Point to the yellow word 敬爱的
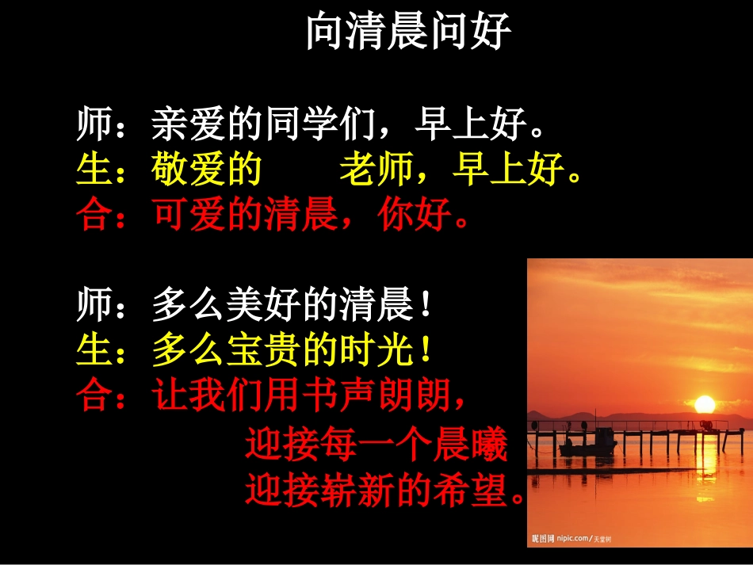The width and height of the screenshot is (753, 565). (x=207, y=170)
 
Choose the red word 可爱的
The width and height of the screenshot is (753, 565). (x=207, y=214)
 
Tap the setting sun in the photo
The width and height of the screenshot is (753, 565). (x=704, y=405)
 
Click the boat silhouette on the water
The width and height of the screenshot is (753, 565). (x=590, y=442)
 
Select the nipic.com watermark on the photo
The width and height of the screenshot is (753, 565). (x=571, y=539)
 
